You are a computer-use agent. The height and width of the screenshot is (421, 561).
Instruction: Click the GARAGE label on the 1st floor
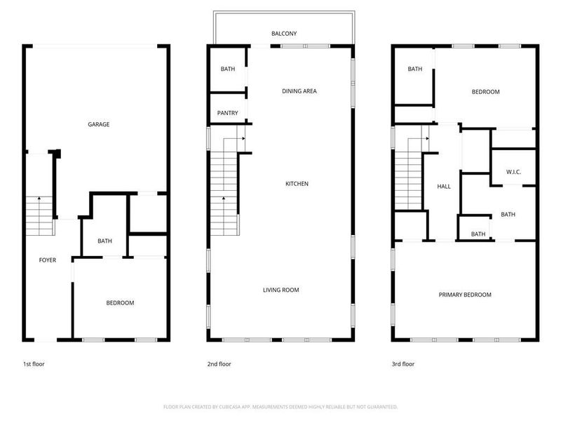click(x=98, y=125)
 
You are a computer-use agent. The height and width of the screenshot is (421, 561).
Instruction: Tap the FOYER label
click(x=47, y=260)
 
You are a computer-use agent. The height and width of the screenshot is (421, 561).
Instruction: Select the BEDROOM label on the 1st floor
click(x=120, y=303)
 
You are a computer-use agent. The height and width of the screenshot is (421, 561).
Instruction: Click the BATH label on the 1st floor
click(x=104, y=241)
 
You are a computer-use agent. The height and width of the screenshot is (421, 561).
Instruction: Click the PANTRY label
click(x=227, y=113)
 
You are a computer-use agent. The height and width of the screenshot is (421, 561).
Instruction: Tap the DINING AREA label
click(x=299, y=91)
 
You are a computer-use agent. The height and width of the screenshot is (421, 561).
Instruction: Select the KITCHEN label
click(x=297, y=184)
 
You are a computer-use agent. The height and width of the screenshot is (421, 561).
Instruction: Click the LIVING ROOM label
click(x=281, y=290)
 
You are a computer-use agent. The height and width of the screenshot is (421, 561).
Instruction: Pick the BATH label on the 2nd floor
click(x=227, y=69)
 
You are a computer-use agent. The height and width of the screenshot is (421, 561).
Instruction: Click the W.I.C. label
click(x=513, y=173)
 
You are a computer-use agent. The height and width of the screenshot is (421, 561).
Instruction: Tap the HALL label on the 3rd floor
click(x=444, y=187)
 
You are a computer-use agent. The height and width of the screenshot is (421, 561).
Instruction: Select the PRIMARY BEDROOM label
click(x=465, y=295)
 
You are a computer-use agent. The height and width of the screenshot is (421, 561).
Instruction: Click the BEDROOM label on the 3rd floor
click(x=485, y=92)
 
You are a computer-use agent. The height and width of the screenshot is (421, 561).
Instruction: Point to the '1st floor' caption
click(x=34, y=364)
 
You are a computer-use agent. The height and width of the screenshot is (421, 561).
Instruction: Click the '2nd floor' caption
click(x=219, y=364)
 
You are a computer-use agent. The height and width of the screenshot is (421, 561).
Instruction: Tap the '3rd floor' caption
click(x=403, y=364)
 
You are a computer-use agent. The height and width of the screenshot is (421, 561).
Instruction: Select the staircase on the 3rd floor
click(x=408, y=175)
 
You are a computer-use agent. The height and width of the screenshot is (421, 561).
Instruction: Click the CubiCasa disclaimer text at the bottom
click(x=280, y=407)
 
